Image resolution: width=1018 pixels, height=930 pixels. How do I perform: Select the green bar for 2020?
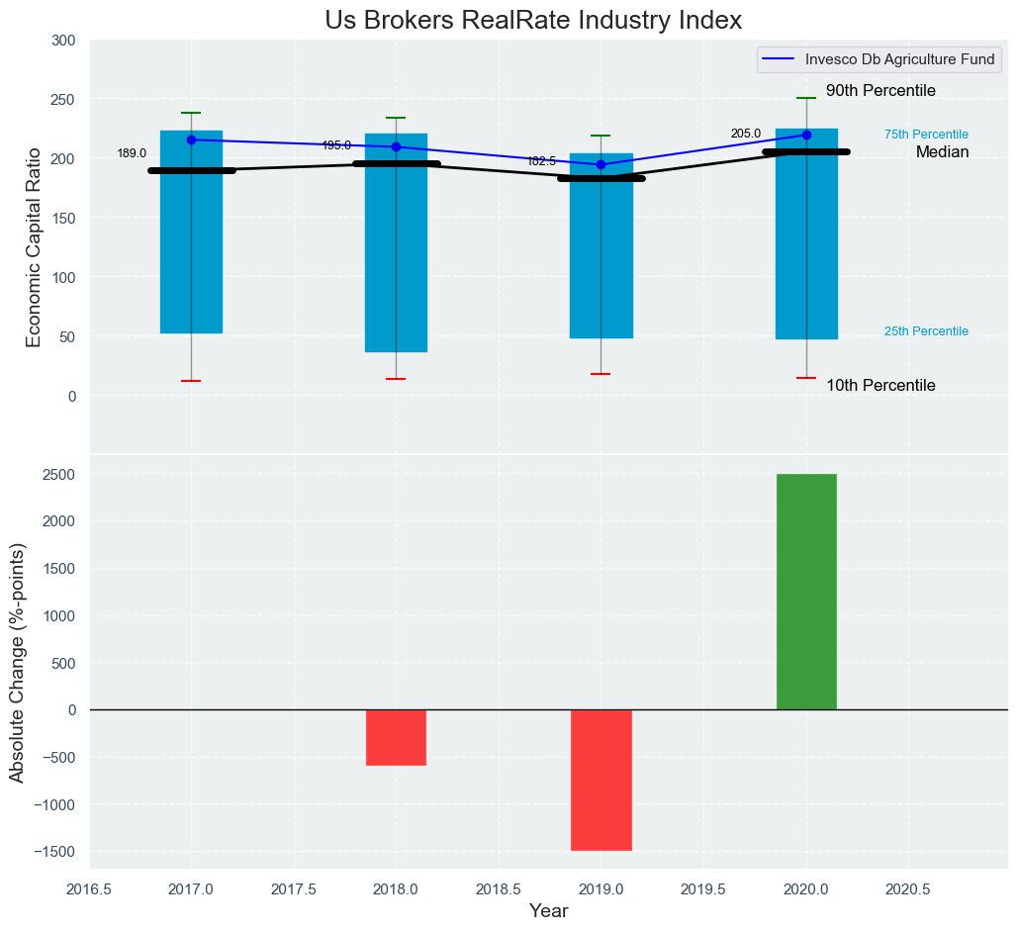coord(806,592)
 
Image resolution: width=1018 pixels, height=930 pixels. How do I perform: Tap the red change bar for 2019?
coord(601,780)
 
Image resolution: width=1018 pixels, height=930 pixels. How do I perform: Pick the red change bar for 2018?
coord(396,737)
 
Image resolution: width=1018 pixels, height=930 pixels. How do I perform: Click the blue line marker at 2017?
coord(191,139)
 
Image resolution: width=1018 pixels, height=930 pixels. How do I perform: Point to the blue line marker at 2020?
coord(806,135)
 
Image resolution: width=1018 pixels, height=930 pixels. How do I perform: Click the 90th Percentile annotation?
coord(880,91)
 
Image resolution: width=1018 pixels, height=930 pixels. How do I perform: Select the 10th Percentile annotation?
coord(880,386)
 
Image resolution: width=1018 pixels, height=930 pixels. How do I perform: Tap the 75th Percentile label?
coord(926,135)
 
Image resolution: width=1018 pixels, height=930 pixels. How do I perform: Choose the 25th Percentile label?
coord(926,331)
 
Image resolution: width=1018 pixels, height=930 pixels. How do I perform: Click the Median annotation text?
coord(942,152)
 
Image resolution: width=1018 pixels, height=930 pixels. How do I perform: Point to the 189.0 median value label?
coord(132,153)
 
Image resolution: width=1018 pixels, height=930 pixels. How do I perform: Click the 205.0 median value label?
coord(746,134)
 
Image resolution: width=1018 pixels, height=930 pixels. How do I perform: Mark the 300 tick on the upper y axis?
coord(63,41)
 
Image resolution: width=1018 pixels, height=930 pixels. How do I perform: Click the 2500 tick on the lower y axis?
coord(59,474)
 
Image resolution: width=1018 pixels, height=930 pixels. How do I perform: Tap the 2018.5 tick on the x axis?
coord(499,889)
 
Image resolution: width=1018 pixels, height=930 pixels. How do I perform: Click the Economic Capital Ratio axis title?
coord(34,246)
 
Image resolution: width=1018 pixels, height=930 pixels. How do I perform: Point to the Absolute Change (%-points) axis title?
coord(18,662)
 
